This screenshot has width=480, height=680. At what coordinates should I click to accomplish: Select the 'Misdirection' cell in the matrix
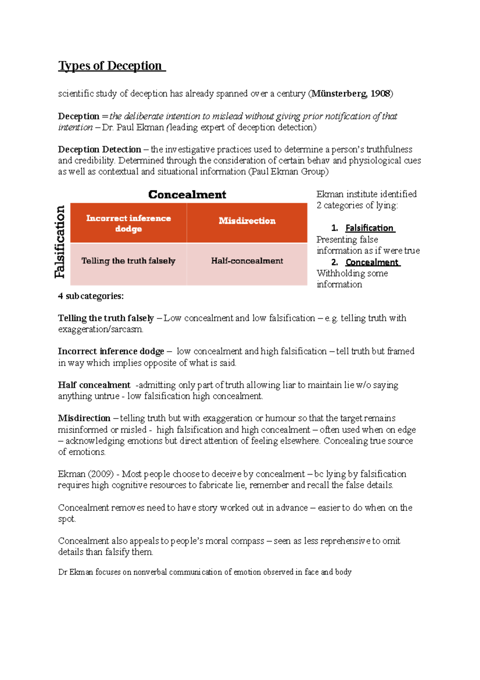247,221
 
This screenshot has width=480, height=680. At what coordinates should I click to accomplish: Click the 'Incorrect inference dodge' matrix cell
128,223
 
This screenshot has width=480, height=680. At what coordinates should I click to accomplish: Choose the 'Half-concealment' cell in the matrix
247,261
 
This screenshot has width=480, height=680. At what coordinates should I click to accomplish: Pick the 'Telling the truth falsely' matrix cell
128,261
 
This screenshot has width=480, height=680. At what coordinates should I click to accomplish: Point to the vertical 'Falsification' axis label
60,242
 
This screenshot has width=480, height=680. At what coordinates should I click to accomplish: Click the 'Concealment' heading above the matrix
187,195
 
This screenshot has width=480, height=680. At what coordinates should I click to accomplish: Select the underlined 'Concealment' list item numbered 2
372,262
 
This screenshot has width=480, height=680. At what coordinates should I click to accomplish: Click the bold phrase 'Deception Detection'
99,149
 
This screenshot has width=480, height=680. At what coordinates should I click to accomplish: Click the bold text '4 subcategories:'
91,296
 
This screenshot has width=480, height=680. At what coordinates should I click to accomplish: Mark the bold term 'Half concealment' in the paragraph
94,385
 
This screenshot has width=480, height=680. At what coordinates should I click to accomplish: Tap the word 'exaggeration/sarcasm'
100,330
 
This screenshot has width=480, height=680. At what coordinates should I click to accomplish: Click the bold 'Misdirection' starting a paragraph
84,418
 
